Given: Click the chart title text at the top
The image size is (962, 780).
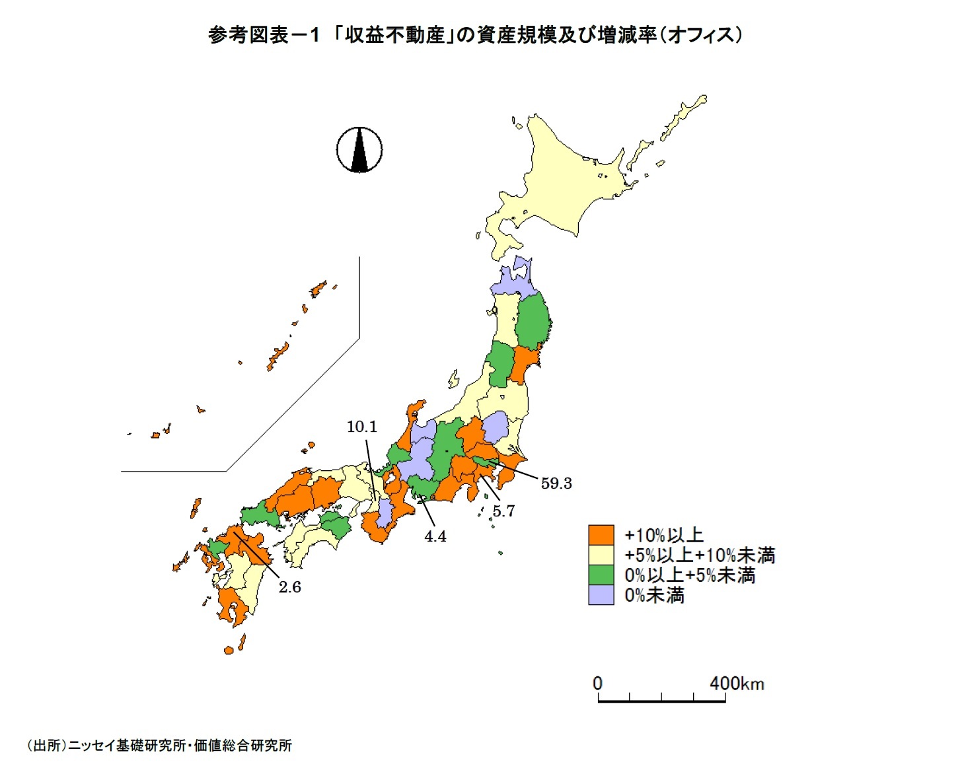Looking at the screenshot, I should (474, 35).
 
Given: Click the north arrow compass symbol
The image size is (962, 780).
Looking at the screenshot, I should (359, 150).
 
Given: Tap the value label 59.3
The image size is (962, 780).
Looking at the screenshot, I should (556, 483).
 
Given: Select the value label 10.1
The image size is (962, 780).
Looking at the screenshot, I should (362, 427).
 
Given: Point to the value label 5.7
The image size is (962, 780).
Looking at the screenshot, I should (503, 511).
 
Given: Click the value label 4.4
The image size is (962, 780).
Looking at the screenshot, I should (435, 537).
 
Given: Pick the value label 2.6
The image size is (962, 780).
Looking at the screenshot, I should (289, 587).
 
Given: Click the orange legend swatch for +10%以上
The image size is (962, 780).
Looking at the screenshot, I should (601, 535).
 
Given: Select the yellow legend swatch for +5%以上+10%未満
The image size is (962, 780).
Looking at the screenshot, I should (601, 555).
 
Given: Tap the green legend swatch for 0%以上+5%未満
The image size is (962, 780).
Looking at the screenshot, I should (601, 575).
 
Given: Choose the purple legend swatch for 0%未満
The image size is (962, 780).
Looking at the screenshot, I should (601, 595).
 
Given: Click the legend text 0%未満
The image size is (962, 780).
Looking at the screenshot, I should (654, 596).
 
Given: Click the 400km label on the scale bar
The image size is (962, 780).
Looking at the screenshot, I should (737, 683).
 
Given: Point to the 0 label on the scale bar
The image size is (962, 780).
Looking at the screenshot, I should (597, 683).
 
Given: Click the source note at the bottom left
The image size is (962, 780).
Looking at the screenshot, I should (159, 746).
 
